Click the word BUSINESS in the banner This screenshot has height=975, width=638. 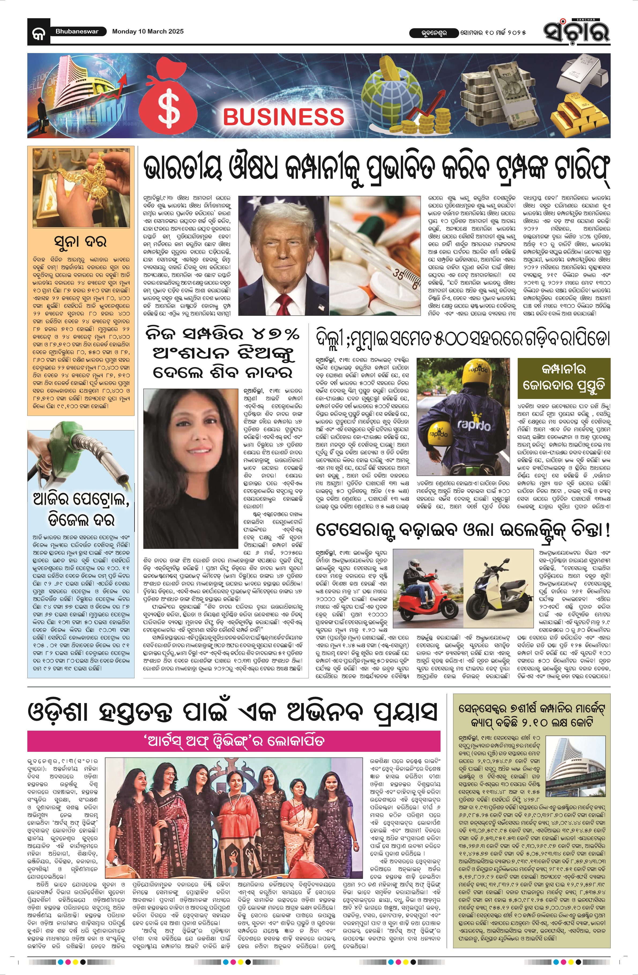pos(283,116)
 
